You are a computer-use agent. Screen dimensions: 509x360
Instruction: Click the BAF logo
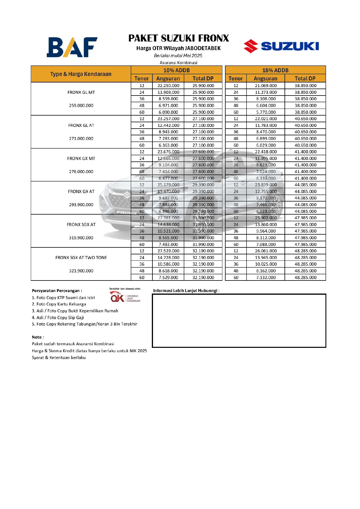point(72,47)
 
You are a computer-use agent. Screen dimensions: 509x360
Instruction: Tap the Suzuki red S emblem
point(251,46)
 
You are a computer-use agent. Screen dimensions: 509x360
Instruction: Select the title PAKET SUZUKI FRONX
point(179,38)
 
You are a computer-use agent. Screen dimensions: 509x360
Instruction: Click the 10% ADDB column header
point(177,70)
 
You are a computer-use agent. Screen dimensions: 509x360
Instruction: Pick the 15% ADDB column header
point(275,70)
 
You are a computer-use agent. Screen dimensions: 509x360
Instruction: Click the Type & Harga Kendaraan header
point(81,74)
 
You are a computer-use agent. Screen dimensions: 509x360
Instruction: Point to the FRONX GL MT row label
point(81,92)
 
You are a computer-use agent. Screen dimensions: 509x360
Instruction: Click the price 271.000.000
point(81,139)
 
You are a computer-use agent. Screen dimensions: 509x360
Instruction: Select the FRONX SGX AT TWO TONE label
point(81,258)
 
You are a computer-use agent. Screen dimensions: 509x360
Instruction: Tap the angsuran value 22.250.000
point(168,86)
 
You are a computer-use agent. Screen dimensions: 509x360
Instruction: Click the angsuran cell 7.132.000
point(266,278)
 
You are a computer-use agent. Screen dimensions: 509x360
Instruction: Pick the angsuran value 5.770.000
point(266,112)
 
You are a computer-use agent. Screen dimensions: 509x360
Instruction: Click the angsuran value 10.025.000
point(266,264)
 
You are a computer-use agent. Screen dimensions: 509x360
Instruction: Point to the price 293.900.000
point(81,205)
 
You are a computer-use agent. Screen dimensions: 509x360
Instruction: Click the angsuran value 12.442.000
point(168,125)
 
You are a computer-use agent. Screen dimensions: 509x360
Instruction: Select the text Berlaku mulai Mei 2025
point(178,56)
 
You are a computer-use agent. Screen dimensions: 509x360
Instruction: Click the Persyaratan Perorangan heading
point(57,291)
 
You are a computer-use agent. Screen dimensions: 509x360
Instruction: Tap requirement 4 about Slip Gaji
point(58,318)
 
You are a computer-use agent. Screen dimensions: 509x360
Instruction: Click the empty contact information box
point(239,321)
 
